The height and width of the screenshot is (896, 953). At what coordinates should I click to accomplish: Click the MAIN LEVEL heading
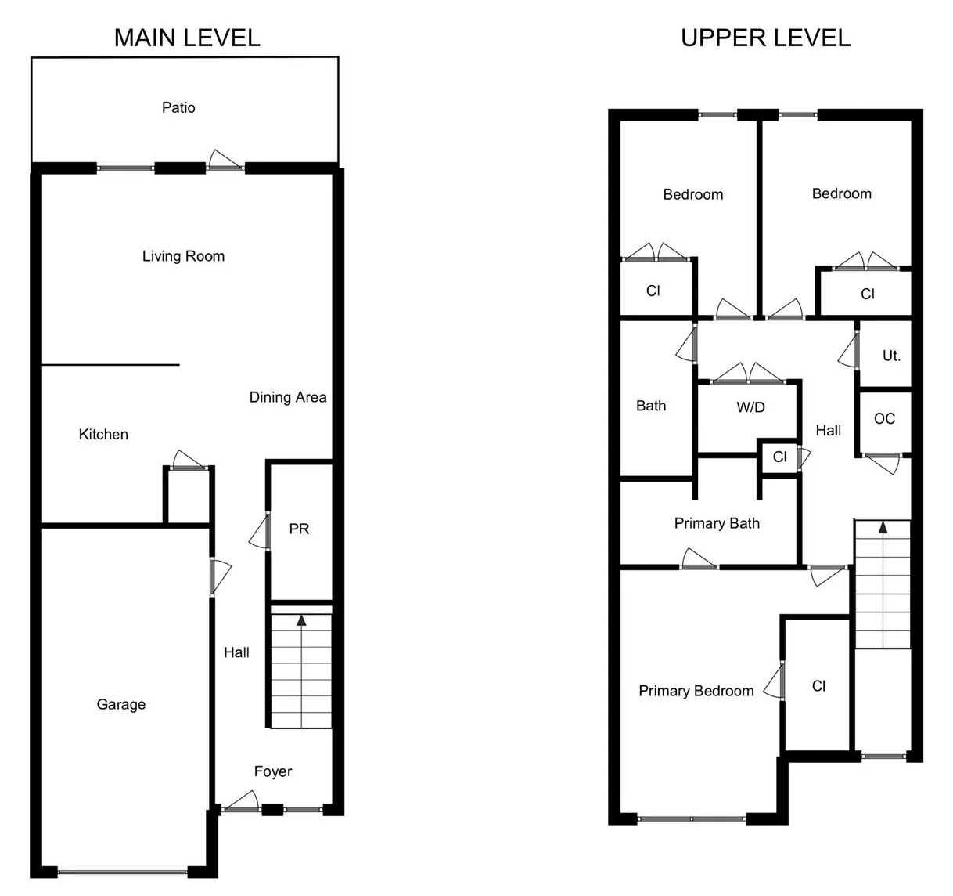[187, 38]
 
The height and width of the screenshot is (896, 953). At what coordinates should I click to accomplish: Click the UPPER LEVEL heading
[765, 38]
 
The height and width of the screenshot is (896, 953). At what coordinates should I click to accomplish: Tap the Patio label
[178, 107]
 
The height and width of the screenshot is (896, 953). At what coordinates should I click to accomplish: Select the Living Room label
[183, 256]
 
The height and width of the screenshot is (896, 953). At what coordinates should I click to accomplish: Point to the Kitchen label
[103, 435]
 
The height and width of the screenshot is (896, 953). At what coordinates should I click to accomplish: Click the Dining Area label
[288, 397]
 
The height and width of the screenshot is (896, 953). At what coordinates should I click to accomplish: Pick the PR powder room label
[299, 529]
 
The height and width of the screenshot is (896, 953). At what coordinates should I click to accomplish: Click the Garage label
[121, 704]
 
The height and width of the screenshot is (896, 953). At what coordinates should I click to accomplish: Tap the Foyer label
[273, 771]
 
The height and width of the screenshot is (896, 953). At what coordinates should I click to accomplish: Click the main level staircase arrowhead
[301, 620]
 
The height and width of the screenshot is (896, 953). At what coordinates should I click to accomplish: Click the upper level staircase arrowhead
[883, 528]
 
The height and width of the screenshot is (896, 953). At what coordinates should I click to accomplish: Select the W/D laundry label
[750, 407]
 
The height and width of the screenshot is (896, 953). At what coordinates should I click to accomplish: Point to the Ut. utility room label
[891, 356]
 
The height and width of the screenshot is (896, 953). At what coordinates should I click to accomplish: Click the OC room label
[884, 419]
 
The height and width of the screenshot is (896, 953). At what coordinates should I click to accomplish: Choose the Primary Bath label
[717, 523]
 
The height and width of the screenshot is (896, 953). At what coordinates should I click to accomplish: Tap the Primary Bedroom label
[696, 691]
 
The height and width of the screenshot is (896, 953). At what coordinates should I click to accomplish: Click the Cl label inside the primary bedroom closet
[818, 685]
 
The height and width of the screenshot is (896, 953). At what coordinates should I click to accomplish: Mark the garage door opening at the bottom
[122, 872]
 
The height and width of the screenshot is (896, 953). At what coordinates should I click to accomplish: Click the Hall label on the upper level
[829, 431]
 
